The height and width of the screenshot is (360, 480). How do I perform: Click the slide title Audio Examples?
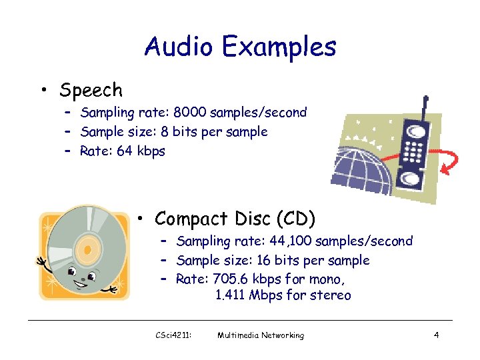click(x=240, y=47)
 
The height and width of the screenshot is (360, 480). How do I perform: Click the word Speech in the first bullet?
click(x=91, y=90)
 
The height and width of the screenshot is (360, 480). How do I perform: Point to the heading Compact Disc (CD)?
click(x=235, y=218)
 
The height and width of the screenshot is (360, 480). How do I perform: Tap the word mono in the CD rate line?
click(x=335, y=279)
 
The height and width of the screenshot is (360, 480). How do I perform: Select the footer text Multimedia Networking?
click(x=261, y=335)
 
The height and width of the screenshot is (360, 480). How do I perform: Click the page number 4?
click(x=436, y=335)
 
